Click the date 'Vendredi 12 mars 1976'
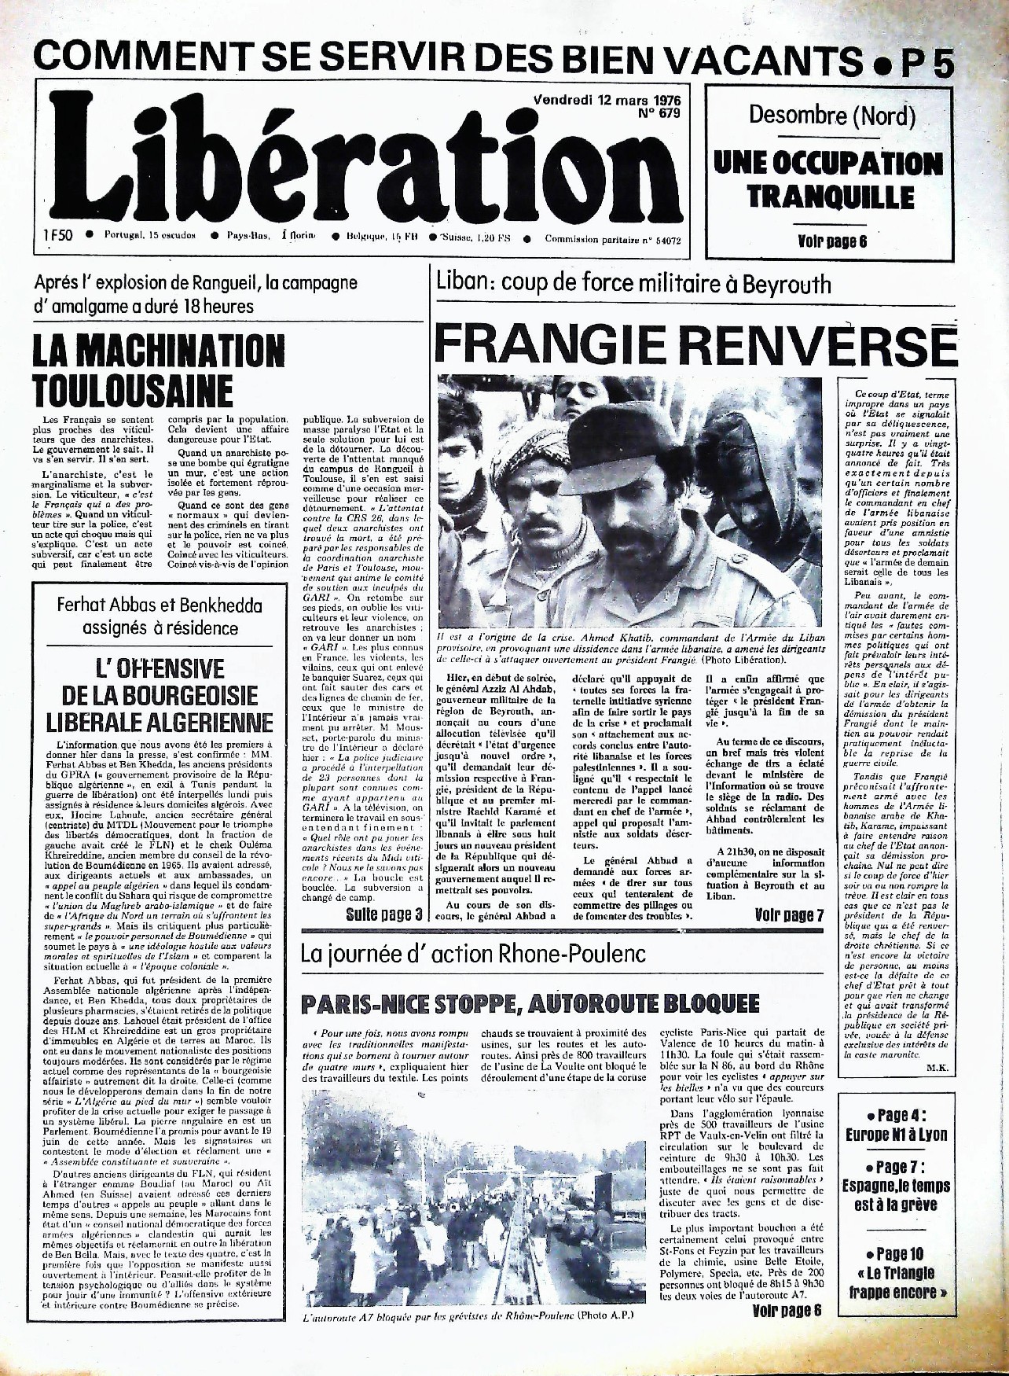click(x=607, y=101)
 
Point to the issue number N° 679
click(x=660, y=113)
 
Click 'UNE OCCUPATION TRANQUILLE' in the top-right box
click(x=828, y=179)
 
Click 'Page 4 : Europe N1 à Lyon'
click(x=897, y=1125)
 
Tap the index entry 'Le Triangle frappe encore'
click(x=897, y=1282)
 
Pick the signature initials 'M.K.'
click(x=936, y=1068)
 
